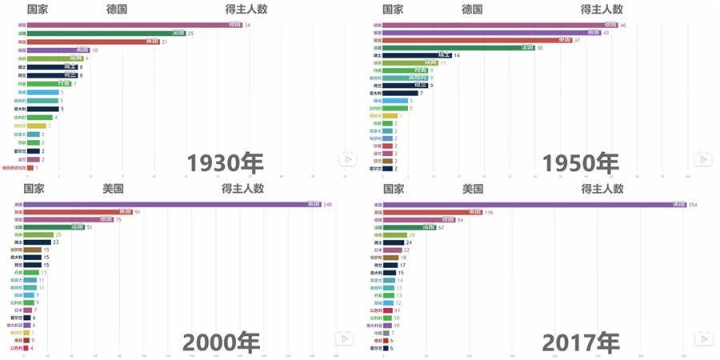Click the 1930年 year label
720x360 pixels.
225,162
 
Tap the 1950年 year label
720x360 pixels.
580,162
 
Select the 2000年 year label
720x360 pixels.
222,342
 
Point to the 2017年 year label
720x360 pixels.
580,342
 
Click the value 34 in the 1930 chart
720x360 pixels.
248,26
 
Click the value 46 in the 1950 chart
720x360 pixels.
623,26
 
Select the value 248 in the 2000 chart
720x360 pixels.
328,205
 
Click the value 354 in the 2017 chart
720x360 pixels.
693,205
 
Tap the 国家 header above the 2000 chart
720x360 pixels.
34,190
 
